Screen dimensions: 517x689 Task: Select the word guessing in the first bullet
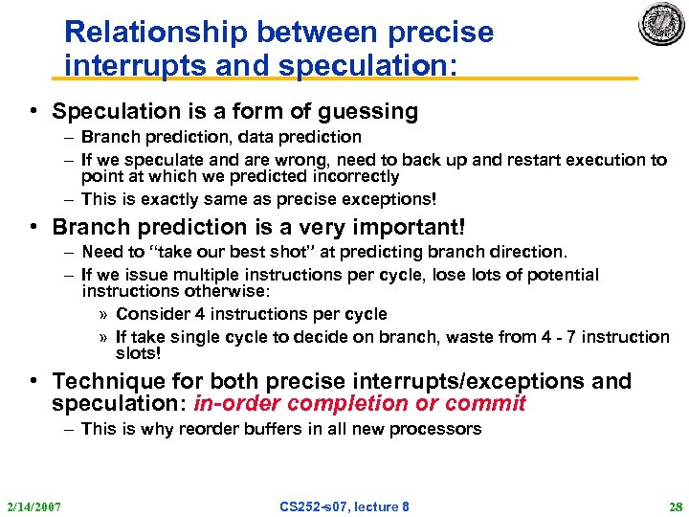372,111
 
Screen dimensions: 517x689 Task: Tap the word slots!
139,352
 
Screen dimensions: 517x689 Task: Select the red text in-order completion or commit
360,403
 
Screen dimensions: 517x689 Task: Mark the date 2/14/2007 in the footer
33,506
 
